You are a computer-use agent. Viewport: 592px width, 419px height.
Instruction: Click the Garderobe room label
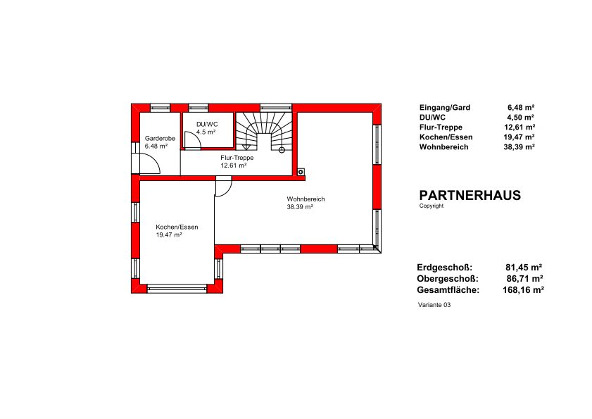click(x=160, y=139)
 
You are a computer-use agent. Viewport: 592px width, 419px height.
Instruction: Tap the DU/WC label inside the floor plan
click(x=207, y=125)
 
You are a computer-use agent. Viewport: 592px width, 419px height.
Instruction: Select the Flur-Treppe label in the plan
click(x=237, y=158)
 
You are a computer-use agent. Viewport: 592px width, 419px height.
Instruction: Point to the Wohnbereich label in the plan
click(x=306, y=199)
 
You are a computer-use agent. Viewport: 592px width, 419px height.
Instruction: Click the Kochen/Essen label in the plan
click(x=177, y=227)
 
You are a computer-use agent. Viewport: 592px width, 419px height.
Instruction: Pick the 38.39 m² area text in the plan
click(x=300, y=206)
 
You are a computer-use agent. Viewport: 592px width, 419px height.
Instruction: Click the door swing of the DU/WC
click(x=193, y=140)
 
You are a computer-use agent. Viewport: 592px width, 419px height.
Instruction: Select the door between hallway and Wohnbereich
click(x=224, y=187)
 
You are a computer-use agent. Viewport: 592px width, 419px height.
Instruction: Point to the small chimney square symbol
click(x=301, y=173)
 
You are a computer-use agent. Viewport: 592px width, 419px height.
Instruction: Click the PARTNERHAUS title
click(x=470, y=195)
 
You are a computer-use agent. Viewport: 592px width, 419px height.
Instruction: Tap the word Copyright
click(x=432, y=206)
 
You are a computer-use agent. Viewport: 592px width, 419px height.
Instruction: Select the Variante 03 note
click(x=434, y=305)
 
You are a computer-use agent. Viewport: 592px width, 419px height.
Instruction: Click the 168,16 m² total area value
click(x=523, y=290)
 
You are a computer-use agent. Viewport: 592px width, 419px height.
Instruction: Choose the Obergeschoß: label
click(x=448, y=279)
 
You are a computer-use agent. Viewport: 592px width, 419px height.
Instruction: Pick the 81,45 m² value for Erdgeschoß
click(x=524, y=268)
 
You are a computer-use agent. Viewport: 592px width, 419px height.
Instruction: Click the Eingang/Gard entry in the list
click(x=445, y=108)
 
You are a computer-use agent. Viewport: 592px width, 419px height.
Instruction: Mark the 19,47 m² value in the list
click(x=519, y=137)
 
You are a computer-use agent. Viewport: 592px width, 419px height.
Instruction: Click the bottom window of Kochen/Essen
click(x=177, y=289)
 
